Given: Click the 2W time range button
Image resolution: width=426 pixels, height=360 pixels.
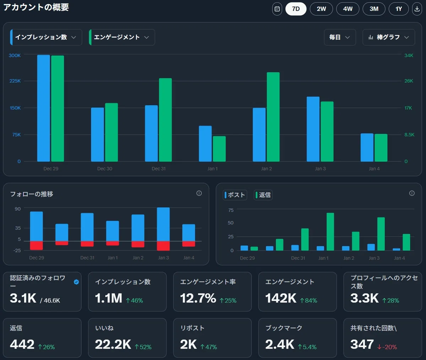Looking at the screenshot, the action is pyautogui.click(x=321, y=9).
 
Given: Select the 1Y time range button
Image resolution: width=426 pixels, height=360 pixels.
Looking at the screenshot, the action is pyautogui.click(x=398, y=9).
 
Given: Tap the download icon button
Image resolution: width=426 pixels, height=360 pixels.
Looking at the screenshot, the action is pyautogui.click(x=417, y=9).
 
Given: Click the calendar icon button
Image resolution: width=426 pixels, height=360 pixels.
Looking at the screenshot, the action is pyautogui.click(x=277, y=9).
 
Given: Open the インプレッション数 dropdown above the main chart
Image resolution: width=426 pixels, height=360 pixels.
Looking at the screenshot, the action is pyautogui.click(x=46, y=37).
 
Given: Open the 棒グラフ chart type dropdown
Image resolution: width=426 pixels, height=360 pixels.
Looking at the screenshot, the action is pyautogui.click(x=389, y=37).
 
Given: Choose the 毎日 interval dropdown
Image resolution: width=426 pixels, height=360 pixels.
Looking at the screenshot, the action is pyautogui.click(x=340, y=37).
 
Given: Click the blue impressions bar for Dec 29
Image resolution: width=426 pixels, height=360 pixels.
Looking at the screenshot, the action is pyautogui.click(x=43, y=108).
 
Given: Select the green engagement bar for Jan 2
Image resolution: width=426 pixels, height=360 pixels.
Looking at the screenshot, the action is pyautogui.click(x=273, y=117).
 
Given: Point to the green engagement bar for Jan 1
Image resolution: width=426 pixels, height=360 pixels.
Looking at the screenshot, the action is pyautogui.click(x=219, y=149).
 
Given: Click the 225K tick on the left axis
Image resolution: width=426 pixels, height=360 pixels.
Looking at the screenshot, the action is pyautogui.click(x=15, y=81).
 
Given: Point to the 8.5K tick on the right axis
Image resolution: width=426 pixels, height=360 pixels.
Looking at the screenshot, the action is pyautogui.click(x=409, y=135).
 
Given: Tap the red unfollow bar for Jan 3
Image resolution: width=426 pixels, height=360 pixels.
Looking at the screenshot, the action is pyautogui.click(x=163, y=246).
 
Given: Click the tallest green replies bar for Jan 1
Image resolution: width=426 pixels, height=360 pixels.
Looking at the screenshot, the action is pyautogui.click(x=330, y=231).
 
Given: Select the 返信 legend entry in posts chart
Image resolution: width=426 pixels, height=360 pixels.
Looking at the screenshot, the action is pyautogui.click(x=263, y=195).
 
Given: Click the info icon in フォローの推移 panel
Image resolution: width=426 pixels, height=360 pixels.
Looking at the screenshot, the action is pyautogui.click(x=199, y=193).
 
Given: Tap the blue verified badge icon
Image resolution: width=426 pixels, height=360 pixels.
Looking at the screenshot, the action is pyautogui.click(x=76, y=282).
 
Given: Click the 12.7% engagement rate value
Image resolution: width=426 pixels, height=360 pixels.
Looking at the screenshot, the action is pyautogui.click(x=198, y=298).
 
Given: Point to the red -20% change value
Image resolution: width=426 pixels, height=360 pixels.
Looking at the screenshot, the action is pyautogui.click(x=387, y=347).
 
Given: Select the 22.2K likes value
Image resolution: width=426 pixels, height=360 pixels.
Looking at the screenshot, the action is pyautogui.click(x=113, y=344).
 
